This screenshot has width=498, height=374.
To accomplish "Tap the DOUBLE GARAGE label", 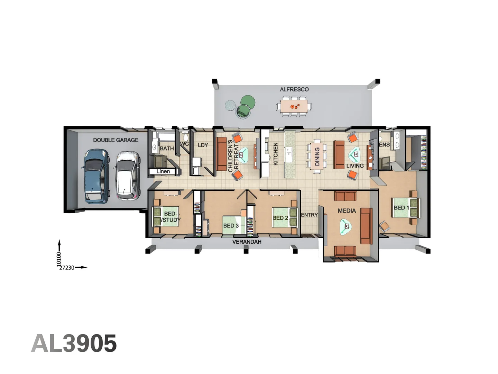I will (116, 140).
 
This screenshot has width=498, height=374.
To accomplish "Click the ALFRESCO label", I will (294, 89).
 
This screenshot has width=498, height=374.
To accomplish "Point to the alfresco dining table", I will (294, 106).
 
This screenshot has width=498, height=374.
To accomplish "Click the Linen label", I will (163, 171).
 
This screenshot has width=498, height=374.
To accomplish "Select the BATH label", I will (167, 149).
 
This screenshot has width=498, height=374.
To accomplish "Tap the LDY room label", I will (203, 145).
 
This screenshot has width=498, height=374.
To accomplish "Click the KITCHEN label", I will (276, 154).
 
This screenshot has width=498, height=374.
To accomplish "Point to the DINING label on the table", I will (317, 157).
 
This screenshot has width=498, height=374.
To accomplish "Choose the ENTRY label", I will (309, 215).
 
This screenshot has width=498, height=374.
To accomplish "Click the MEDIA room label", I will (347, 211).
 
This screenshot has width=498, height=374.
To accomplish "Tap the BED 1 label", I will (401, 208).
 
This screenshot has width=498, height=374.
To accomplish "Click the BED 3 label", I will (231, 226).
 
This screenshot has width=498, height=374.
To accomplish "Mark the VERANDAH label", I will (247, 242).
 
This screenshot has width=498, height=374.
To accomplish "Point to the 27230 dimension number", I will (67, 268).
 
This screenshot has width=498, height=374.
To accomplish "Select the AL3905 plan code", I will (74, 344).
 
